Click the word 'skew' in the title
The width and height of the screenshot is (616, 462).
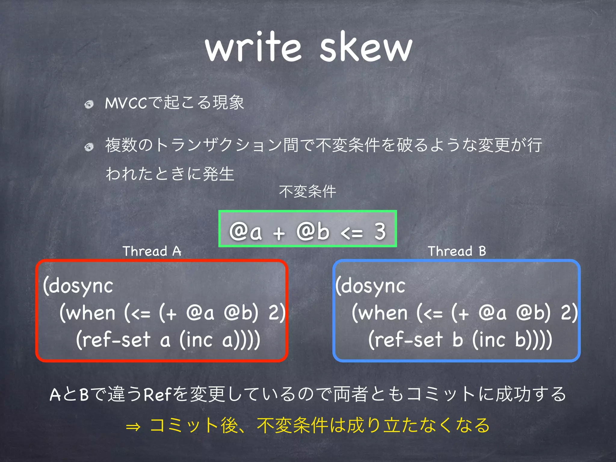pyautogui.click(x=365, y=48)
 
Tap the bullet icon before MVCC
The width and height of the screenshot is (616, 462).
pyautogui.click(x=89, y=104)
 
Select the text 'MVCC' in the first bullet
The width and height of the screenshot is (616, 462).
pyautogui.click(x=126, y=103)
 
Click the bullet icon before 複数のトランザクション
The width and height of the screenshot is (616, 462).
pyautogui.click(x=89, y=147)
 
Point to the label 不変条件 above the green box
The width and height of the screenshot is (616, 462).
pyautogui.click(x=307, y=192)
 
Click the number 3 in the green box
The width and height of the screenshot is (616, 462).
pyautogui.click(x=380, y=232)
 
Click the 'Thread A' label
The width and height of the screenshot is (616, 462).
pyautogui.click(x=152, y=251)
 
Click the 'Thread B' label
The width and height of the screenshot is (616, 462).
pyautogui.click(x=457, y=251)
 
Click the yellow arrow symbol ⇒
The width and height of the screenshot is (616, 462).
pyautogui.click(x=133, y=427)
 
